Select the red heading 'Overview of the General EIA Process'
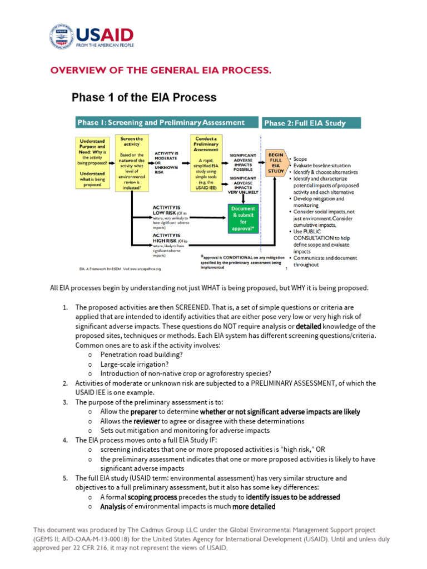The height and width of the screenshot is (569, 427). tap(161, 70)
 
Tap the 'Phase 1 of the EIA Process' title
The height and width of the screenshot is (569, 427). tap(144, 98)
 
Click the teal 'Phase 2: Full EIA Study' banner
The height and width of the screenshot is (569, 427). tap(312, 123)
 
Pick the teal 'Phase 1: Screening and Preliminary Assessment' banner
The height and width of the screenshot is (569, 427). tap(167, 123)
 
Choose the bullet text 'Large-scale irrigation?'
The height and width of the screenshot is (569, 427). tap(135, 364)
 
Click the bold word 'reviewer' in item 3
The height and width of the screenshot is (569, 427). tap(147, 421)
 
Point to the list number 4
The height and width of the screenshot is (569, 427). tap(65, 440)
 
